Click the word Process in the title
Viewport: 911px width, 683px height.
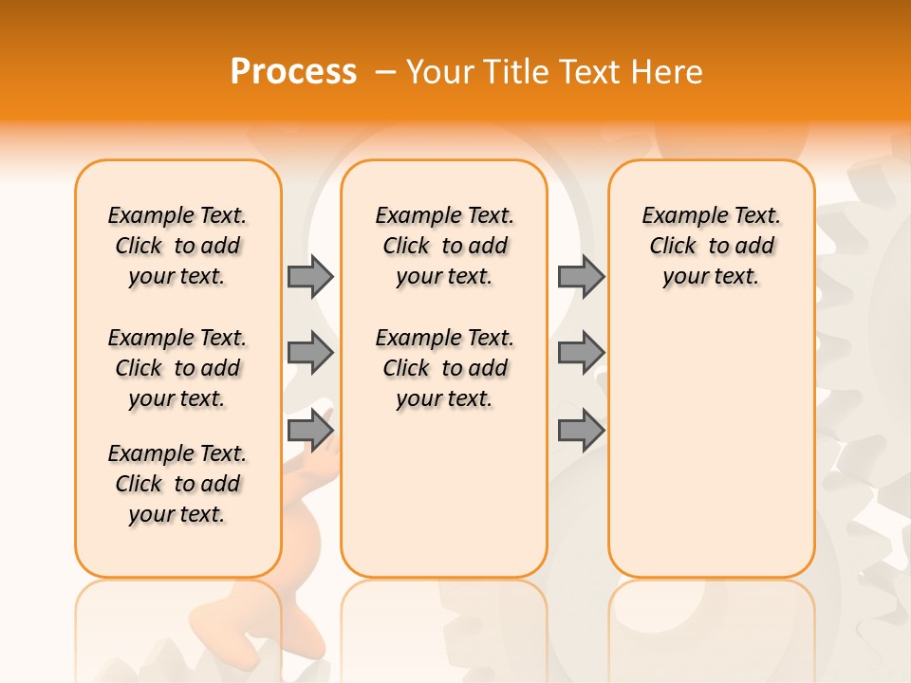(x=293, y=72)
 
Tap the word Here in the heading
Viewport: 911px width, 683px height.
(x=666, y=72)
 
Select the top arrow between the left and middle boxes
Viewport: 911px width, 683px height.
(x=310, y=276)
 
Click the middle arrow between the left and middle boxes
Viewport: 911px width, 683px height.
(x=310, y=353)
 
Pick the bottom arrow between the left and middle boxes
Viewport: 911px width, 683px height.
(x=310, y=431)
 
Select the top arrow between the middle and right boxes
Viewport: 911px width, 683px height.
(x=581, y=276)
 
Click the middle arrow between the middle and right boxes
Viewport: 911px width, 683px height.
(x=581, y=353)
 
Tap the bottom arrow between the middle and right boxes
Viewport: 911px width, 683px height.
(x=581, y=431)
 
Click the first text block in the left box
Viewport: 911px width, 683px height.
(x=177, y=246)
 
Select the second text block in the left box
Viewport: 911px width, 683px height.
(x=177, y=368)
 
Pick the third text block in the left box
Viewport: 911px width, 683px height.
(x=177, y=484)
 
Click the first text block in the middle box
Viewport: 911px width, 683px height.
(x=444, y=246)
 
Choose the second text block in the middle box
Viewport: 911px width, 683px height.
(x=444, y=368)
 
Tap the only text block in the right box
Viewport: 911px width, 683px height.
(x=711, y=246)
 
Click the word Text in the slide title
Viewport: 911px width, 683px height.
(x=592, y=72)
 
